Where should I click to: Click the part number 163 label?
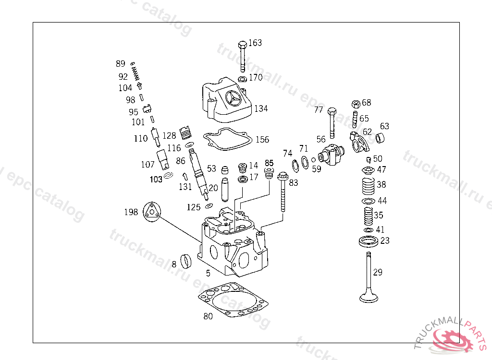(x=255, y=43)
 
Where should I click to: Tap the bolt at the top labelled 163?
(x=243, y=55)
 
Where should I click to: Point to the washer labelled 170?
(x=243, y=79)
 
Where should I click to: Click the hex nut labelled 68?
(x=356, y=104)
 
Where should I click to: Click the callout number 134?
(x=261, y=108)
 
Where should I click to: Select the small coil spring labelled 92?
(x=136, y=75)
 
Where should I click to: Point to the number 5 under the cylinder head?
(x=208, y=273)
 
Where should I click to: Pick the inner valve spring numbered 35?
(x=368, y=216)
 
